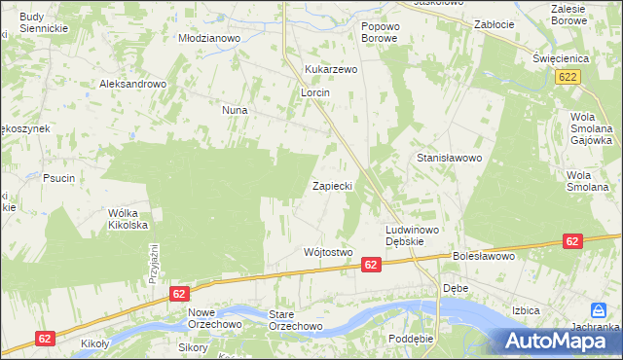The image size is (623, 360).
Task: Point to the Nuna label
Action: (x=235, y=111)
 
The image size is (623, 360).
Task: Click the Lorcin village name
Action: (x=315, y=92)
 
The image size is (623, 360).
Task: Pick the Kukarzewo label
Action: (x=332, y=70)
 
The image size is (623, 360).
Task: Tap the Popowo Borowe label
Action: (x=380, y=32)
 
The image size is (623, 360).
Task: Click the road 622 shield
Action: (x=570, y=76)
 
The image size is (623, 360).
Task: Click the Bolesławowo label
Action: (x=482, y=257)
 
